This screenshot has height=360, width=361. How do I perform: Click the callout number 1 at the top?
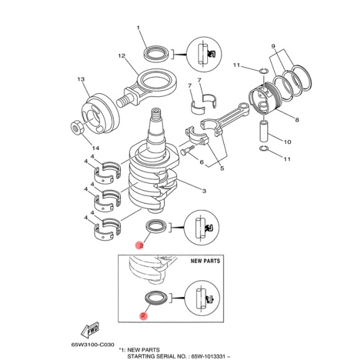[x=138, y=28]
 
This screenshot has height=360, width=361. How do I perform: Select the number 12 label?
[x=122, y=56]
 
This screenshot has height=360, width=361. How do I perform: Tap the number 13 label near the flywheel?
[x=81, y=79]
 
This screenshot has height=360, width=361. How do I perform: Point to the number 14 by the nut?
[x=96, y=148]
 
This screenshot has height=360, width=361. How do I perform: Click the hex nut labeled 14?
[x=76, y=127]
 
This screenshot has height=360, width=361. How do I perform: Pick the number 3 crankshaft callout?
[x=204, y=191]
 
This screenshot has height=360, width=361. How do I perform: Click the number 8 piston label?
[x=297, y=120]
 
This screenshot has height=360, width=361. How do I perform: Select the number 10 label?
[x=288, y=142]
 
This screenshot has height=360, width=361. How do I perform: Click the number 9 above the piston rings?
[x=273, y=46]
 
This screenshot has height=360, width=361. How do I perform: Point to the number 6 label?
[x=202, y=162]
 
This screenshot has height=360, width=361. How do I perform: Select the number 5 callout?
[x=222, y=168]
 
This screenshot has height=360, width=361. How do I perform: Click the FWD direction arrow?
[x=90, y=329]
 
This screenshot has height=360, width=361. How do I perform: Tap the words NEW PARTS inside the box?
[x=205, y=261]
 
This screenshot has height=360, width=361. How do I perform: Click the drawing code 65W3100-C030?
[x=93, y=345]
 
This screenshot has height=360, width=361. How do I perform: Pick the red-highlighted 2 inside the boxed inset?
[x=143, y=315]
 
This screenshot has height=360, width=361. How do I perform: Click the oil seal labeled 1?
[x=156, y=54]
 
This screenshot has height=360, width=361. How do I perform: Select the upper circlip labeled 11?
[x=263, y=71]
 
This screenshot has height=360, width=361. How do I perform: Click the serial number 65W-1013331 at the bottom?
[x=208, y=357]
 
